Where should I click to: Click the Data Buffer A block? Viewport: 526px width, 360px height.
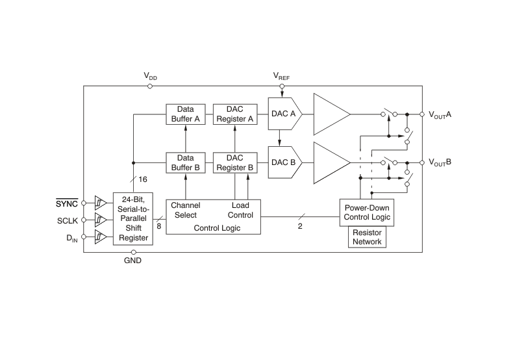tap(186, 114)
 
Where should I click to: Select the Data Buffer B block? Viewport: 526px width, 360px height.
tap(186, 162)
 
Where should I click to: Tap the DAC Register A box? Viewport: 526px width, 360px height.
tap(234, 114)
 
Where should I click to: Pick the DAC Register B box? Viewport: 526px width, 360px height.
tap(234, 162)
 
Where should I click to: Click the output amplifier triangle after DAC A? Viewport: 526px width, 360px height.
tap(331, 114)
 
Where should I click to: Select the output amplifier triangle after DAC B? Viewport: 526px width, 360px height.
tap(331, 162)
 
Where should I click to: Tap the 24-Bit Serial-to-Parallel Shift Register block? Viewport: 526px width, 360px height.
tap(132, 219)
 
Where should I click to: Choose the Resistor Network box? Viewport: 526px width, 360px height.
tap(368, 237)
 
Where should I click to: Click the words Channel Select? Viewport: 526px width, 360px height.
tap(186, 210)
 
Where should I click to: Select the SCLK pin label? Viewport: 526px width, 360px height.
tap(67, 221)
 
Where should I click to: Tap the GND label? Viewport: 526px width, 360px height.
tap(132, 261)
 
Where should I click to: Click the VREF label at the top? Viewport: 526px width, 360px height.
tap(281, 77)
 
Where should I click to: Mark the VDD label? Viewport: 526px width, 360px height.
tap(151, 77)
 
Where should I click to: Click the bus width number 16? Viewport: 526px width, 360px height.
tap(143, 179)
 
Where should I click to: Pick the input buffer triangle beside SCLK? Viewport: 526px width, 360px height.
tap(100, 220)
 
